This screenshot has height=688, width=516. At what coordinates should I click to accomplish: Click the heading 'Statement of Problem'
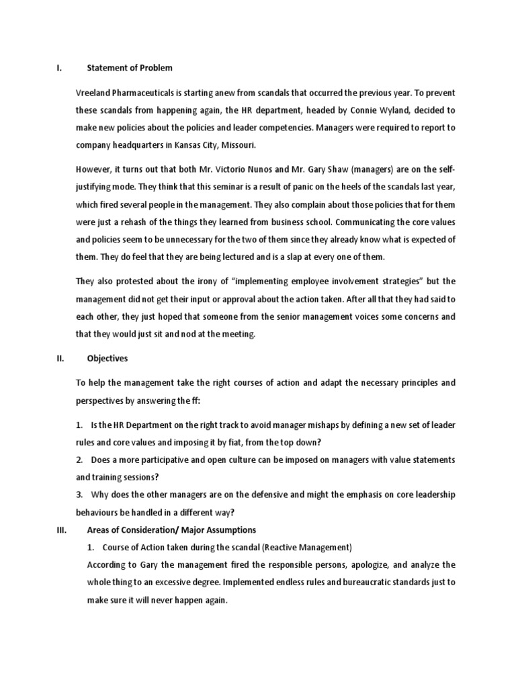130,68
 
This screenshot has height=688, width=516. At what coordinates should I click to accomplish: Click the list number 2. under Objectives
79,460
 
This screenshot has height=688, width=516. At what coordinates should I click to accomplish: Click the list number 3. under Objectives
79,494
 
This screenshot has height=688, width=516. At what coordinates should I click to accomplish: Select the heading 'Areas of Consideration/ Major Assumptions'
171,529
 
